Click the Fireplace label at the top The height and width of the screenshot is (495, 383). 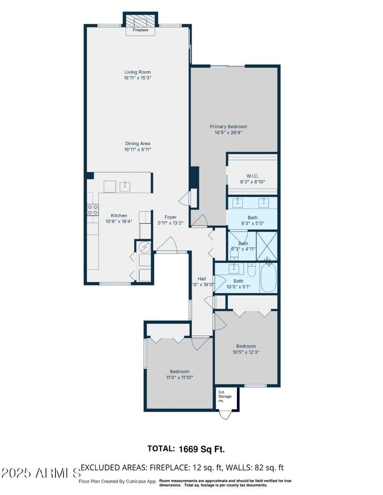pos(140,30)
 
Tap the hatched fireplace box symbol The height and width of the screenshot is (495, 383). pos(140,21)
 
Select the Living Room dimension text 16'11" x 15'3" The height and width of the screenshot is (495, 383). pos(138,77)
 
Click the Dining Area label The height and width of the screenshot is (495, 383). pos(138,143)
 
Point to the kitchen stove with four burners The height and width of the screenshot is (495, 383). pos(92,209)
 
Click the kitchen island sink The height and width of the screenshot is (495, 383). pos(125,186)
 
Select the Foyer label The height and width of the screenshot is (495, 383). pos(170,217)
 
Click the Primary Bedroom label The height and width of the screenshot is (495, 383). pos(228,127)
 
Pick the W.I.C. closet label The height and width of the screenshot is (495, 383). pos(252,176)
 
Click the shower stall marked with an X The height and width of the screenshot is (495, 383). pos(267,246)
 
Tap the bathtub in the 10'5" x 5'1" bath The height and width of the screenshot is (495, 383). pos(268,278)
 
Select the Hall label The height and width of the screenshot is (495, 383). pos(202,279)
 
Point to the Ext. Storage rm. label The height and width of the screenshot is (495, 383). pos(225,396)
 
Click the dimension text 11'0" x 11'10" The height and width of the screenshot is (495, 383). pos(180,377)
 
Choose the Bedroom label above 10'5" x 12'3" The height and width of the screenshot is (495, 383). pos(246,346)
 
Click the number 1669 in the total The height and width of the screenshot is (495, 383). pos(189,449)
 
